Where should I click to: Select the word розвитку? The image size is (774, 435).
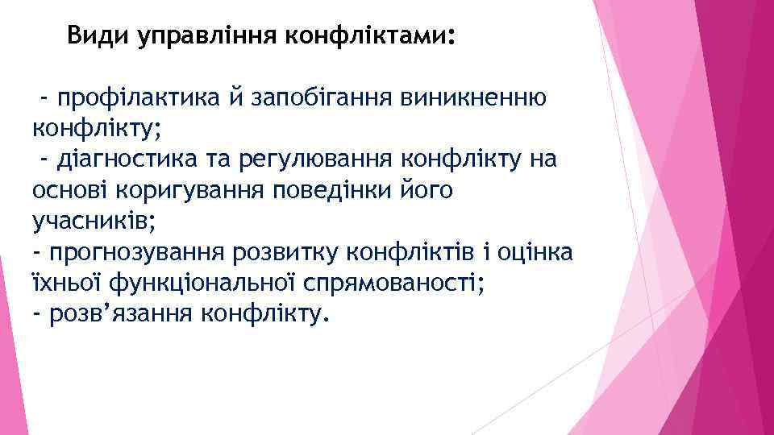point(285,252)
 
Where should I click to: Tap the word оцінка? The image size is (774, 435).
point(533,252)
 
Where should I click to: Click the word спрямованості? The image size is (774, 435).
point(394,282)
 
